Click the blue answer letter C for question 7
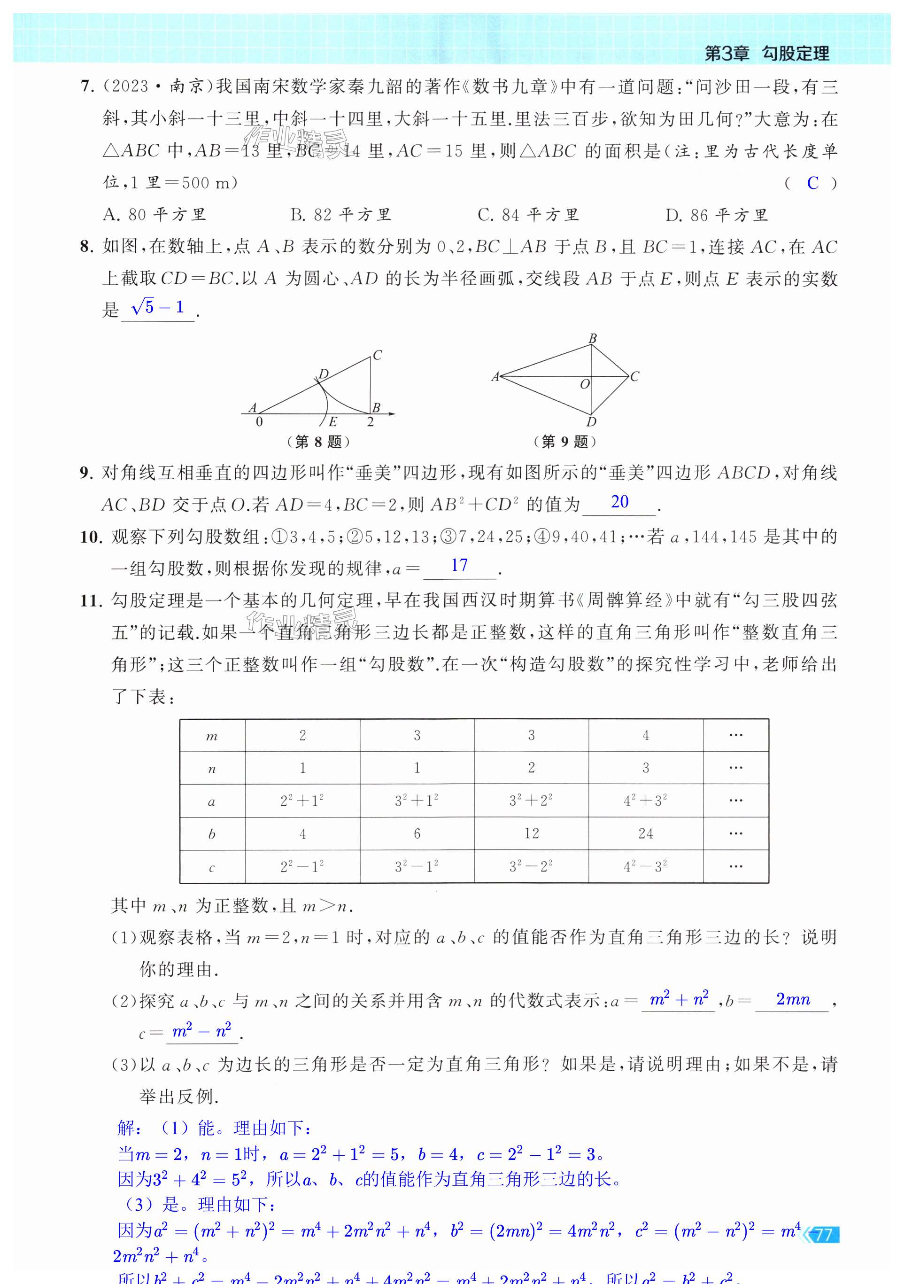pyautogui.click(x=812, y=183)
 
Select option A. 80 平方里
pyautogui.click(x=155, y=215)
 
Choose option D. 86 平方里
pyautogui.click(x=716, y=215)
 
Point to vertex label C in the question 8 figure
pyautogui.click(x=378, y=355)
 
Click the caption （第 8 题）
pyautogui.click(x=318, y=442)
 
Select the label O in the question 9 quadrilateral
pyautogui.click(x=585, y=384)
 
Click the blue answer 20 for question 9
pyautogui.click(x=619, y=502)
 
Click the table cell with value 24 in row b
pyautogui.click(x=645, y=834)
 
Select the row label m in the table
pyautogui.click(x=212, y=736)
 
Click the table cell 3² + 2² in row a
pyautogui.click(x=531, y=801)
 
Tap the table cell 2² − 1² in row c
pyautogui.click(x=302, y=867)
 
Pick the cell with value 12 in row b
pyautogui.click(x=531, y=834)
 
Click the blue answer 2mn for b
pyautogui.click(x=793, y=999)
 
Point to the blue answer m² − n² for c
pyautogui.click(x=201, y=1031)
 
